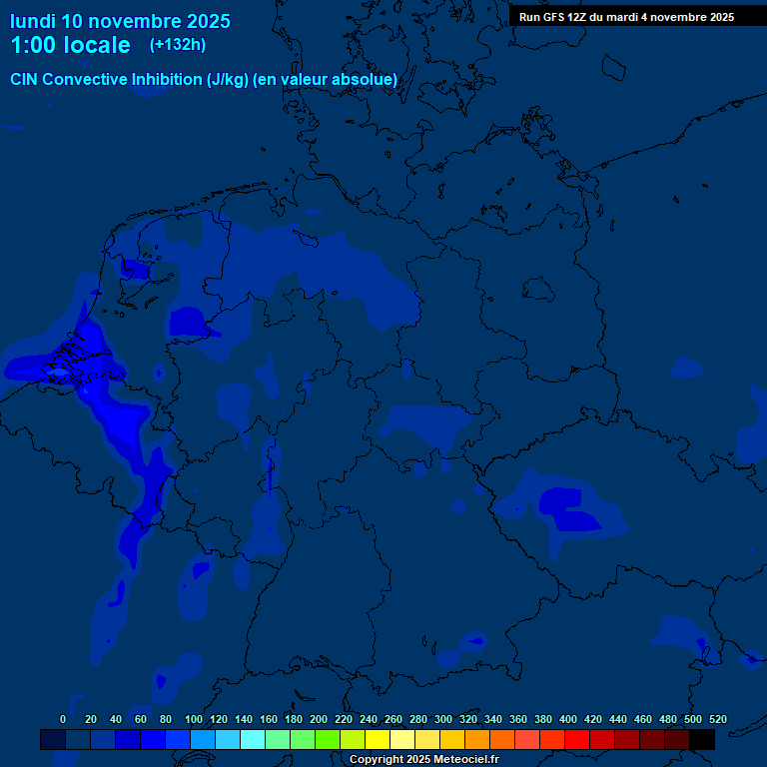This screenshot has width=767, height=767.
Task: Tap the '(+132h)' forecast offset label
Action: pyautogui.click(x=177, y=45)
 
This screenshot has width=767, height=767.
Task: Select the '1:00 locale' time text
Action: pyautogui.click(x=70, y=45)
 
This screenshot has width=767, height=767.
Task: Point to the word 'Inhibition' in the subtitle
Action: pyautogui.click(x=165, y=79)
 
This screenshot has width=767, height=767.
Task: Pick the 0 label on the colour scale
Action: pyautogui.click(x=63, y=719)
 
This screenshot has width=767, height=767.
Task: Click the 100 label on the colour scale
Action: pyautogui.click(x=194, y=719)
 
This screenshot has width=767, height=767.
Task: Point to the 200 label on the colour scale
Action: pyautogui.click(x=319, y=719)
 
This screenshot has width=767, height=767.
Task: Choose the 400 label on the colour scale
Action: pyautogui.click(x=568, y=719)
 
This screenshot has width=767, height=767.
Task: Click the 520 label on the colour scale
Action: pyautogui.click(x=717, y=719)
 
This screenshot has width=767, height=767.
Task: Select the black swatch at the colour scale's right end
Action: pyautogui.click(x=702, y=739)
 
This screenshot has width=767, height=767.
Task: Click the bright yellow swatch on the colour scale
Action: pyautogui.click(x=378, y=739)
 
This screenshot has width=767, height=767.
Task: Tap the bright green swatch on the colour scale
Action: pyautogui.click(x=328, y=739)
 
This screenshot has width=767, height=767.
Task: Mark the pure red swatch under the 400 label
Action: pyautogui.click(x=577, y=739)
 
